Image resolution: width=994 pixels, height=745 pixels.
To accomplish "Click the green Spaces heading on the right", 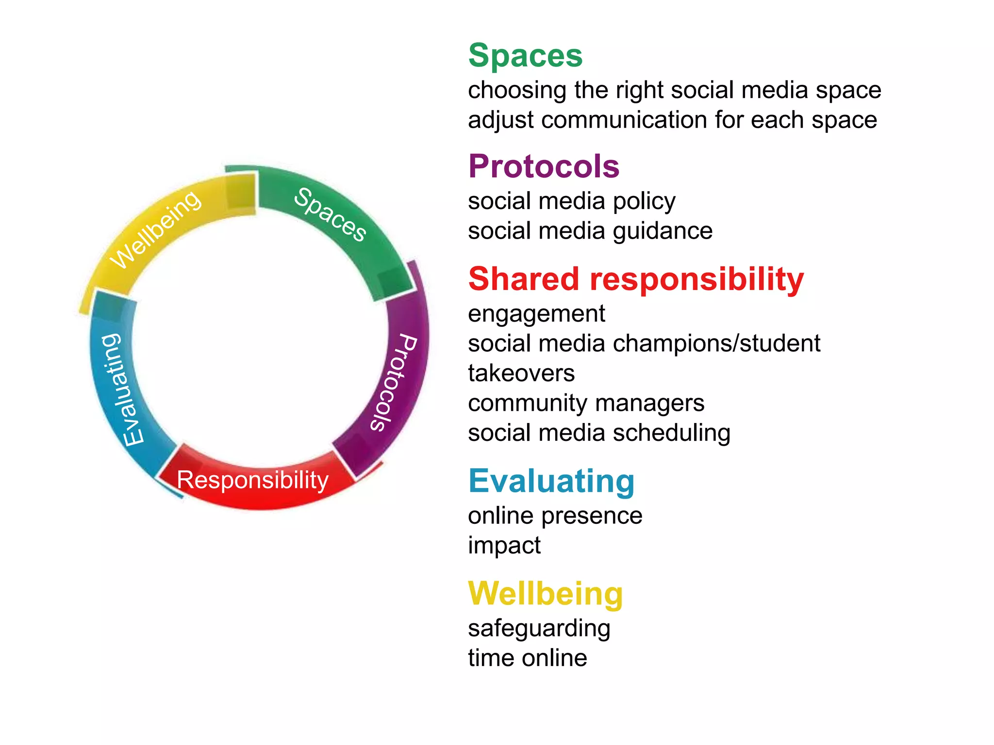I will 525,55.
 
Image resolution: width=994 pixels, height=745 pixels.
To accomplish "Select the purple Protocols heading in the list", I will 544,166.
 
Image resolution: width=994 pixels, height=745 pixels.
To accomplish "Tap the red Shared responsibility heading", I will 636,279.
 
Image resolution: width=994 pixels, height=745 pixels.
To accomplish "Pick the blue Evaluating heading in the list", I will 551,481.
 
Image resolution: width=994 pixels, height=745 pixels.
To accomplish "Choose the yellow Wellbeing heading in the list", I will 546,594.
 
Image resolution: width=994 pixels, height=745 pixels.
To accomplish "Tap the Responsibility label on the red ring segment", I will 252,480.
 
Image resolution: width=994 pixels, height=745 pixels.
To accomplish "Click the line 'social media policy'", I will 571,201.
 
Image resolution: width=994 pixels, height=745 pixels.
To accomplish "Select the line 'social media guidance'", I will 590,231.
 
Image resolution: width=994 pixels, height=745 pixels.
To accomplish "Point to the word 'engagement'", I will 536,314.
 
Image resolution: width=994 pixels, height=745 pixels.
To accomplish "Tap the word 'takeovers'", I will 521,373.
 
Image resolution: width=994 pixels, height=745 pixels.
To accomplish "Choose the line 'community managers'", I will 586,403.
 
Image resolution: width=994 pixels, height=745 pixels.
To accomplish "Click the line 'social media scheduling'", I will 599,433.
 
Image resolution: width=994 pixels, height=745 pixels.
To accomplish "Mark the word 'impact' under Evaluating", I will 504,546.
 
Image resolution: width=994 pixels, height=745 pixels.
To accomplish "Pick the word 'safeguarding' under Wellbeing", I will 539,629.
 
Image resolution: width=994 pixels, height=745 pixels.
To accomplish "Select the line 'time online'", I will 527,658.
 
